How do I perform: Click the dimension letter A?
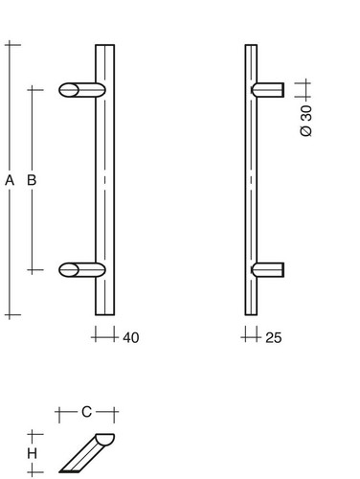[10, 180]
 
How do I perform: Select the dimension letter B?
[32, 180]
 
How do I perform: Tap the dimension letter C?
[86, 412]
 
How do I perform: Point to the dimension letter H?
[32, 453]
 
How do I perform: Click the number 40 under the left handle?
[131, 338]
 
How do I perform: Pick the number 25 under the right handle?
[274, 338]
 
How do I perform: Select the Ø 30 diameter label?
[306, 121]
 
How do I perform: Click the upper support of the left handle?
[82, 90]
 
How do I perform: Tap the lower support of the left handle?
[82, 270]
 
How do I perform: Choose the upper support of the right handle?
[268, 90]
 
